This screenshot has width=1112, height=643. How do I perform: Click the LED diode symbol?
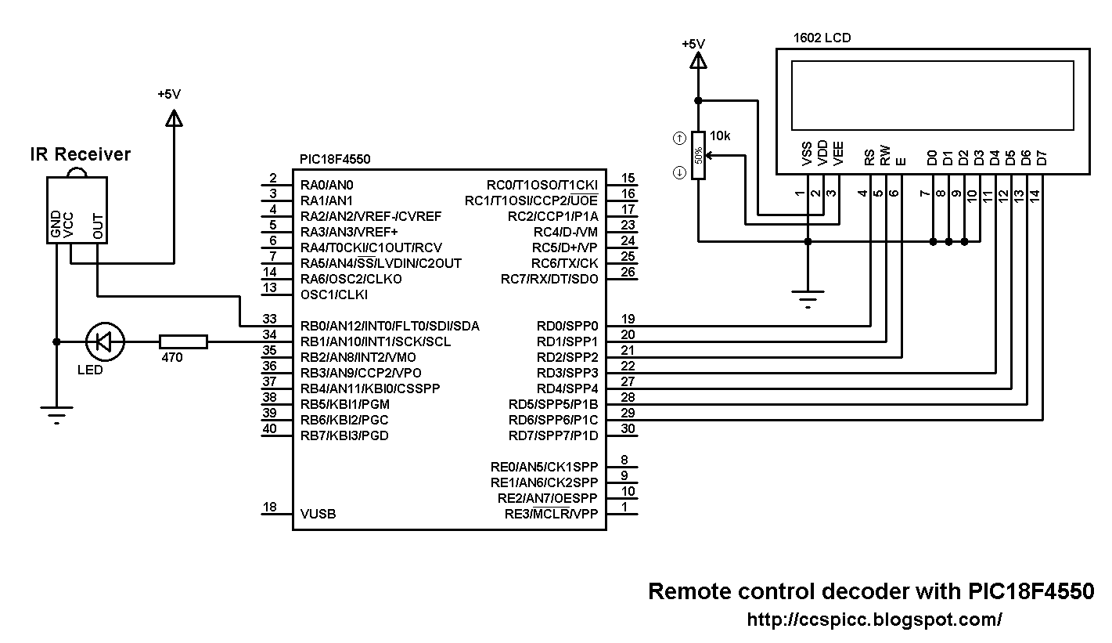105,341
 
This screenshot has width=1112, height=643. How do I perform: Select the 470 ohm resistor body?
183,341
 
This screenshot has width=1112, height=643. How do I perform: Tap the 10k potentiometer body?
698,155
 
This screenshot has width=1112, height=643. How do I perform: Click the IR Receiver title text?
80,154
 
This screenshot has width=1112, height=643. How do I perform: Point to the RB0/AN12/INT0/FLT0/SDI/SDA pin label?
390,326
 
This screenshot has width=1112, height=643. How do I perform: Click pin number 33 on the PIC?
270,319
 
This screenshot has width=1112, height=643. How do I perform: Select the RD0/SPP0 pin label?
567,326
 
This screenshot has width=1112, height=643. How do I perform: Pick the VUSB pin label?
318,515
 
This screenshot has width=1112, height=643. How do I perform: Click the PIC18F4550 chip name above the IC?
335,159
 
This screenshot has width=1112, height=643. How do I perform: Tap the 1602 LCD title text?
822,38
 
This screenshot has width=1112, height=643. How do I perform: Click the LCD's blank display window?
932,95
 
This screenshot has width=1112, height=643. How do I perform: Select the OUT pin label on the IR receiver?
98,226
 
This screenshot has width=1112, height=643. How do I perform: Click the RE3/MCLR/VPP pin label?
551,515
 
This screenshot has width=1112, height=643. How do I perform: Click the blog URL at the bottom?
874,620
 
